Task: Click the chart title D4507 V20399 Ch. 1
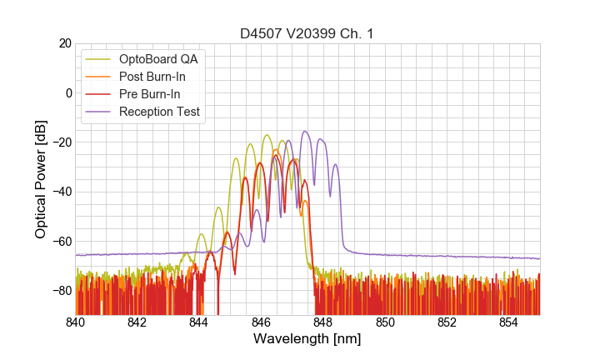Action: (307, 34)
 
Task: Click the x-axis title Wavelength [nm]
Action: (307, 339)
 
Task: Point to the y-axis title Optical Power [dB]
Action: (41, 179)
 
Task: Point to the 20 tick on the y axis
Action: (64, 43)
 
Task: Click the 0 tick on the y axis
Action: (67, 92)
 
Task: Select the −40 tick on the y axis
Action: (61, 192)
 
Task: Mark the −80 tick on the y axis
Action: (61, 290)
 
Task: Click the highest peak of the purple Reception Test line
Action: (306, 132)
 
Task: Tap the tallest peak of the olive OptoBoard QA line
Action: (267, 135)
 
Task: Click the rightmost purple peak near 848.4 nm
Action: (336, 164)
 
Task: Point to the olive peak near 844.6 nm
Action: (218, 207)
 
